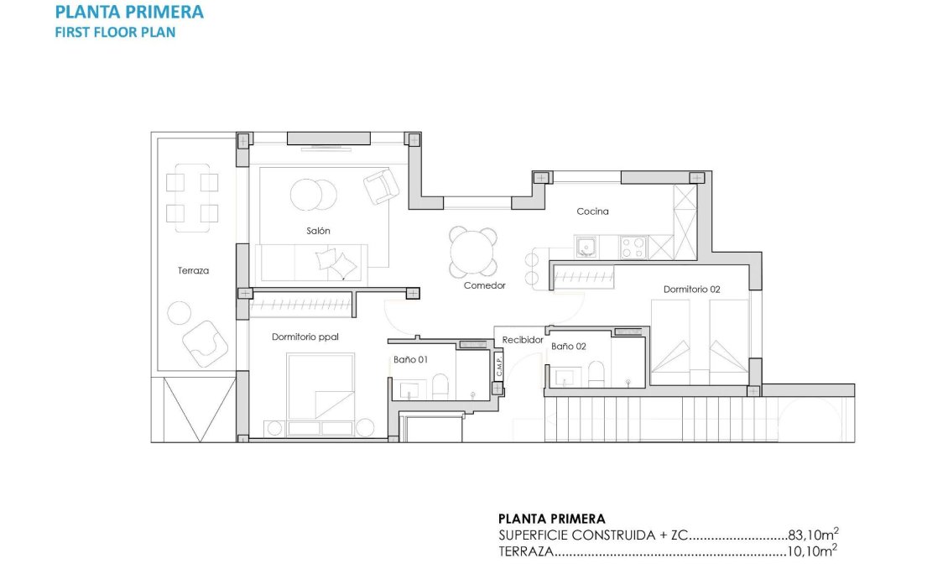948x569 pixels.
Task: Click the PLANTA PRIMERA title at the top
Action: pos(128,12)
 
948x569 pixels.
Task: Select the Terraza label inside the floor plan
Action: pos(193,270)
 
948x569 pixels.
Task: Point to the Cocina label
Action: pos(592,211)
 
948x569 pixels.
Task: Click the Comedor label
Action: pos(484,285)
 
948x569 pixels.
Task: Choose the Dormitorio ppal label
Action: pos(305,337)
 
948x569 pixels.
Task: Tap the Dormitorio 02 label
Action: pos(691,289)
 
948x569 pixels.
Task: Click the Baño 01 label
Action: pos(410,359)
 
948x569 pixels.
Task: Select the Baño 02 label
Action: pos(568,345)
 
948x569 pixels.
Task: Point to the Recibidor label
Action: pos(522,340)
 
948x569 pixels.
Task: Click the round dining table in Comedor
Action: pos(472,251)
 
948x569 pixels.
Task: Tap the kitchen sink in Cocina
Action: pos(586,247)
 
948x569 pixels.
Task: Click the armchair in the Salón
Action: pos(380,185)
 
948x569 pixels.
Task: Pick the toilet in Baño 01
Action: pos(440,387)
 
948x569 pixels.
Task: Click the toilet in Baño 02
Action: pos(596,374)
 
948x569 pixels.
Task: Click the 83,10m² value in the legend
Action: pos(812,534)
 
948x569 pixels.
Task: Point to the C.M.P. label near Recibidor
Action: pos(498,366)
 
